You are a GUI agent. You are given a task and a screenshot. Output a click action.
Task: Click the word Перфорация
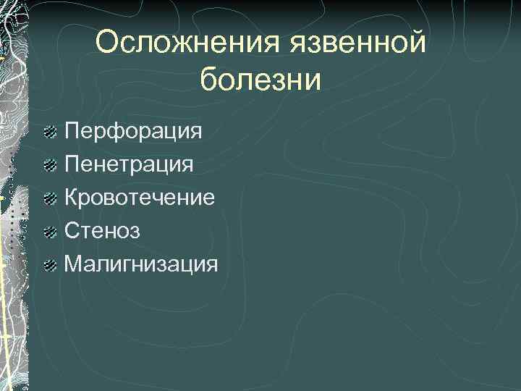tap(133, 132)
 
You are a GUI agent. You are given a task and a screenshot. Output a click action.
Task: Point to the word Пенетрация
tap(129, 164)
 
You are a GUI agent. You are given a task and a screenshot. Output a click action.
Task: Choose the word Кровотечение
tap(140, 197)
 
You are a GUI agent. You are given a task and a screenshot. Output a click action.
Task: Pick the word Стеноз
tap(102, 230)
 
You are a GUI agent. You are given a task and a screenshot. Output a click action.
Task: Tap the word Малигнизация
tap(140, 264)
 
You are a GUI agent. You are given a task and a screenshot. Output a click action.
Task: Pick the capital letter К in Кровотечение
tap(71, 197)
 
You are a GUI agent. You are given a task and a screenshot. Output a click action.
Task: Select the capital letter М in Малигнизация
tap(72, 263)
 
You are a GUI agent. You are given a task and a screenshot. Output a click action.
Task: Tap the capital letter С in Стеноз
tap(72, 230)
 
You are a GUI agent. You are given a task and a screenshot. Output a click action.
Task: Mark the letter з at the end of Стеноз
tap(135, 232)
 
